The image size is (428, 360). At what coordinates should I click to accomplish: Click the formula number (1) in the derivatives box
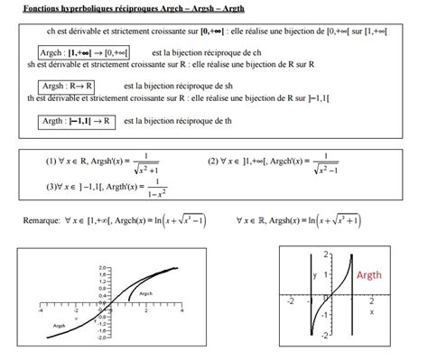click(x=51, y=162)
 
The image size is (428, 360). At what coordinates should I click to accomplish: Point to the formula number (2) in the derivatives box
click(x=213, y=162)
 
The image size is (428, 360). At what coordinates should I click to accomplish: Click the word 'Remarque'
click(x=41, y=219)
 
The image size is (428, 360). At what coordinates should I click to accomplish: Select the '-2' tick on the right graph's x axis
click(x=289, y=301)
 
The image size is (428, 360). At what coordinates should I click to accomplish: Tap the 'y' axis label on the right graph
click(x=314, y=274)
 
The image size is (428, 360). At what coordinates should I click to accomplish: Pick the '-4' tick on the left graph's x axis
click(x=40, y=310)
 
